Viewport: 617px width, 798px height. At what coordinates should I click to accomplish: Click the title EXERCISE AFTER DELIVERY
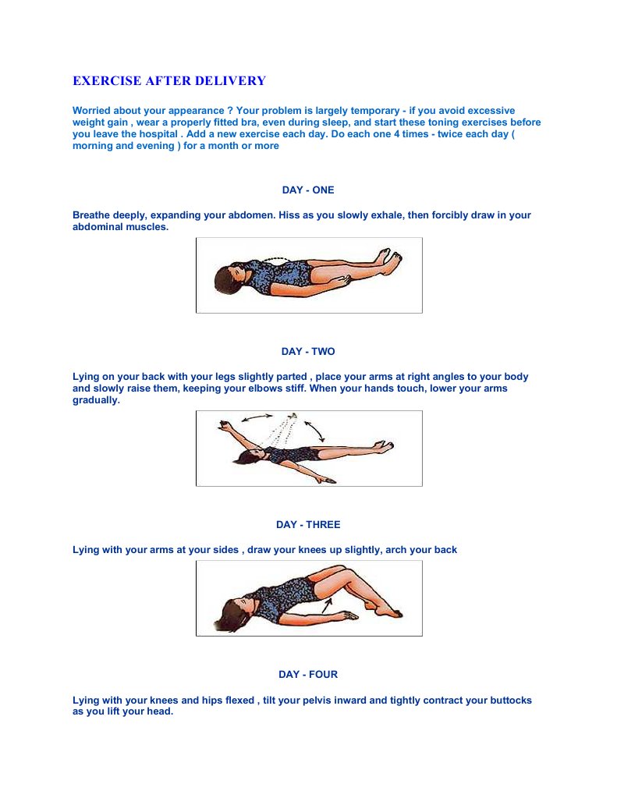(x=169, y=81)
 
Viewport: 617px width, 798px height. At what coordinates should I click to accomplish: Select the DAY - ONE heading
(x=308, y=190)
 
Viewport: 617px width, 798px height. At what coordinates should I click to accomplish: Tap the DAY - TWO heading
(x=308, y=351)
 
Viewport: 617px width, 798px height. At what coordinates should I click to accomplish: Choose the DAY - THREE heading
(x=308, y=525)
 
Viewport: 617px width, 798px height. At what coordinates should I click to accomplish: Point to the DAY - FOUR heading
(x=308, y=674)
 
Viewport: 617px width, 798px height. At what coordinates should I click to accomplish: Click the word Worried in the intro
(x=91, y=111)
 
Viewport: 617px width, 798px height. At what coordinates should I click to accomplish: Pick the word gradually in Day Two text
(x=96, y=400)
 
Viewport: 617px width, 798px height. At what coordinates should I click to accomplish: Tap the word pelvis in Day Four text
(x=302, y=700)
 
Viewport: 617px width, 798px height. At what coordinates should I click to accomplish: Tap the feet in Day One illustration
(x=388, y=258)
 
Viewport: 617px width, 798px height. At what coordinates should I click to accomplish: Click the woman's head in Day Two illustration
(x=248, y=456)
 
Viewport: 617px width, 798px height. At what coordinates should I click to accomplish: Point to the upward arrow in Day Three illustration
(x=326, y=605)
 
